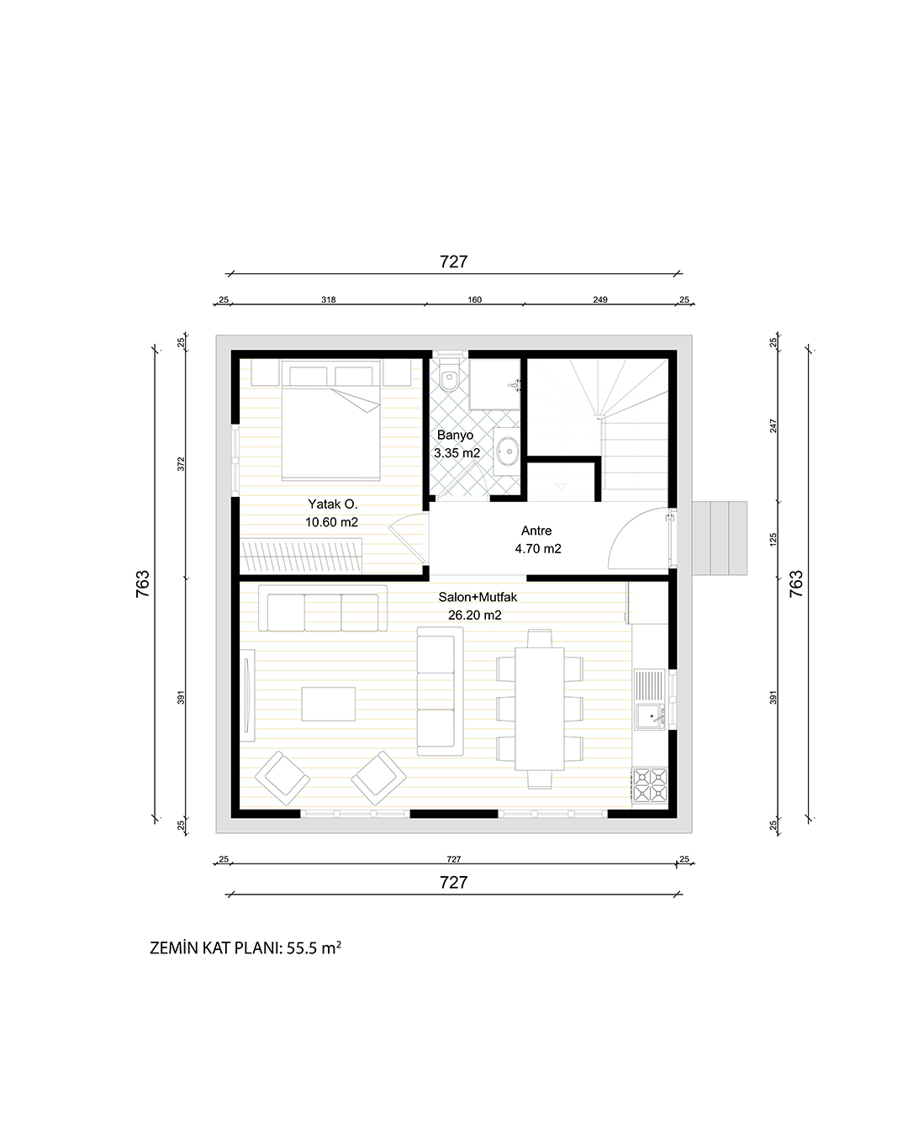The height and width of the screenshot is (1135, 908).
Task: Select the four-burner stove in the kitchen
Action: pyautogui.click(x=650, y=785)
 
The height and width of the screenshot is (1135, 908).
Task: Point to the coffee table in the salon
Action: pyautogui.click(x=328, y=704)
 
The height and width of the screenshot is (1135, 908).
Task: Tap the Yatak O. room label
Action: pyautogui.click(x=332, y=504)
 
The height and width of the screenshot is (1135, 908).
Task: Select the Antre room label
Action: pyautogui.click(x=536, y=531)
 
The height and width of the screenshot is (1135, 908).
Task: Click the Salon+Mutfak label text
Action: pyautogui.click(x=478, y=597)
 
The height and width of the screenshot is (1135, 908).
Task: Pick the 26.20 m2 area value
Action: pyautogui.click(x=474, y=615)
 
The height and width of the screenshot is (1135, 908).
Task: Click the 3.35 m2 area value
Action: pyautogui.click(x=457, y=453)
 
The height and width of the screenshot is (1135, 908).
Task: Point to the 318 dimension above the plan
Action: pyautogui.click(x=328, y=299)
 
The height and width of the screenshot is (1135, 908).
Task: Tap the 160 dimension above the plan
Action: pyautogui.click(x=474, y=299)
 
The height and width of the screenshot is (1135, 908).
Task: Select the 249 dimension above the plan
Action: pyautogui.click(x=600, y=299)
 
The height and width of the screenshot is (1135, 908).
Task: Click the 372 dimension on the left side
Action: pyautogui.click(x=181, y=463)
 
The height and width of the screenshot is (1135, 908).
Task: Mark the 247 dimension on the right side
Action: pyautogui.click(x=773, y=425)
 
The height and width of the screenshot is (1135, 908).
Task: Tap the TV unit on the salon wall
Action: pyautogui.click(x=247, y=695)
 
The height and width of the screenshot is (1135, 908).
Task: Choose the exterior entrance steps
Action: pyautogui.click(x=720, y=538)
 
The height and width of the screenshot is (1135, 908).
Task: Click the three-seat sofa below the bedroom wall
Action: pyautogui.click(x=322, y=608)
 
